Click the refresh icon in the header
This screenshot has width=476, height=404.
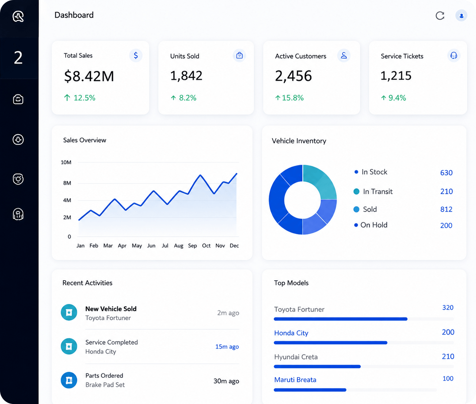pyautogui.click(x=440, y=16)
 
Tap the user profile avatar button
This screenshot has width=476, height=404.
pyautogui.click(x=461, y=16)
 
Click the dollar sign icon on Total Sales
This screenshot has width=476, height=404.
pyautogui.click(x=136, y=55)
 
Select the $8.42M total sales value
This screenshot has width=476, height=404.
pyautogui.click(x=89, y=76)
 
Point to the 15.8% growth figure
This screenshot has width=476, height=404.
pyautogui.click(x=289, y=98)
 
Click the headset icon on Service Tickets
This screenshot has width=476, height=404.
pyautogui.click(x=454, y=55)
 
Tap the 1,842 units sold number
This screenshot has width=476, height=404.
pyautogui.click(x=186, y=76)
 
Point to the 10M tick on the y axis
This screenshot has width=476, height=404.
pyautogui.click(x=66, y=162)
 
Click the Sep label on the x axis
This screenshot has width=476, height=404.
pyautogui.click(x=192, y=246)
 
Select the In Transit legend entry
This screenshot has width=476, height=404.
pyautogui.click(x=373, y=191)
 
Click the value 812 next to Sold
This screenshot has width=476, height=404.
pyautogui.click(x=446, y=209)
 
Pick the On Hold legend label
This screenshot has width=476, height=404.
pyautogui.click(x=374, y=225)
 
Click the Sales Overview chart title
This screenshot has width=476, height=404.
pyautogui.click(x=84, y=140)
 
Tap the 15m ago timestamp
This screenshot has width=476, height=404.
pyautogui.click(x=227, y=346)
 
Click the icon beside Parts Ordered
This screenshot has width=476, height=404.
pyautogui.click(x=69, y=380)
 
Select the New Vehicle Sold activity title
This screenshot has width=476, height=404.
pyautogui.click(x=111, y=309)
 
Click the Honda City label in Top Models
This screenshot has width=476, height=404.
pyautogui.click(x=291, y=333)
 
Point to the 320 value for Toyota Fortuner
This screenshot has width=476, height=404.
pyautogui.click(x=448, y=308)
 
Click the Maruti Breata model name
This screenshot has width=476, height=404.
pyautogui.click(x=295, y=380)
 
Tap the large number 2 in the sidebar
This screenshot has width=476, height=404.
pyautogui.click(x=18, y=58)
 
